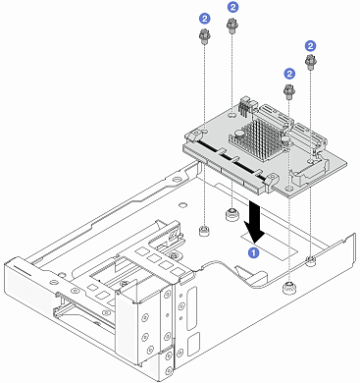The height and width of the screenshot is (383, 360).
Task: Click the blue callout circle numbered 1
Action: (x=253, y=251)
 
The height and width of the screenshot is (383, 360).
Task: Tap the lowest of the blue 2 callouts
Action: (x=287, y=74)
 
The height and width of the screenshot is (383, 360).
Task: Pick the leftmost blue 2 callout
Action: (x=203, y=18)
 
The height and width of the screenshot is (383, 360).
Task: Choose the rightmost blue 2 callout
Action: (x=310, y=45)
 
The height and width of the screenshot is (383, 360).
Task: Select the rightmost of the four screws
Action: (x=311, y=64)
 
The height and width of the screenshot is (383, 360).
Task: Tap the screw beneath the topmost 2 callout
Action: (x=234, y=27)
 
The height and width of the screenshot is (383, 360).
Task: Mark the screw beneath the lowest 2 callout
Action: (x=289, y=92)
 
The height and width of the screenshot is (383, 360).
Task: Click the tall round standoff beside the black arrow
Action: (x=232, y=214)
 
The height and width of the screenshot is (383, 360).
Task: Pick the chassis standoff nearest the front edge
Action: (x=287, y=288)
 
